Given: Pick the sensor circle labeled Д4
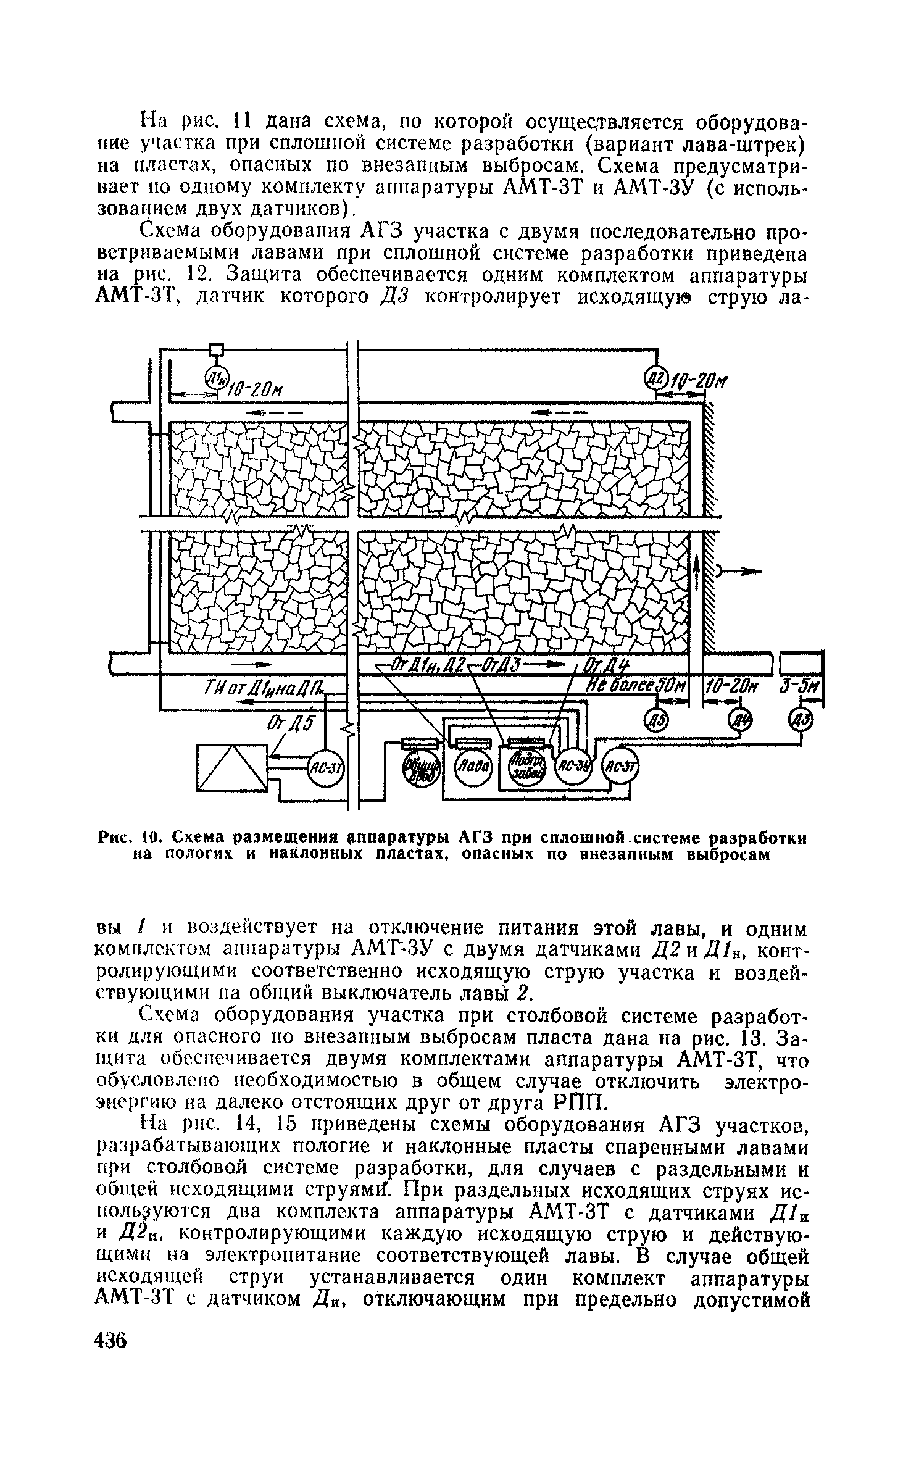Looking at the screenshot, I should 739,719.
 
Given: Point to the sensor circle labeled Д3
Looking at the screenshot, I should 801,719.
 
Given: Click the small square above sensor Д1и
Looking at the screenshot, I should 215,350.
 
